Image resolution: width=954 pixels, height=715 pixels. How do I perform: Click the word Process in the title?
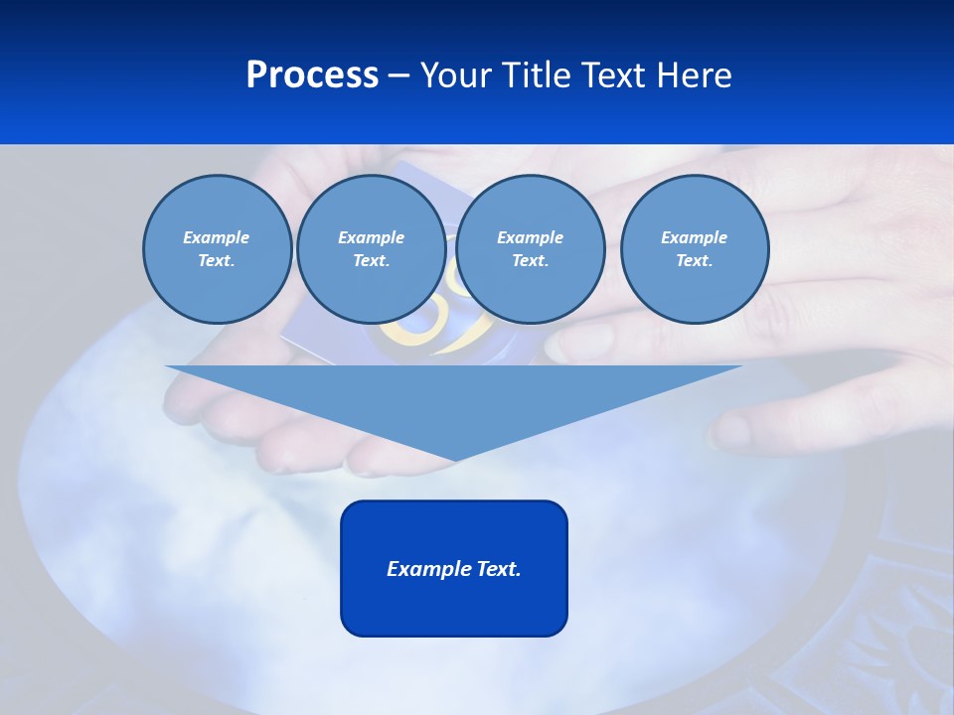(312, 75)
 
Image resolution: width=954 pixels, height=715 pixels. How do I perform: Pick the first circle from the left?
(217, 248)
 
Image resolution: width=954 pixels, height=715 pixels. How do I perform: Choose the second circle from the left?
(371, 248)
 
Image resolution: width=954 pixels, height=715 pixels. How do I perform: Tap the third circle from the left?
(530, 248)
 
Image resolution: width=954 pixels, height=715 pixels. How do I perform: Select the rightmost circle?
(694, 248)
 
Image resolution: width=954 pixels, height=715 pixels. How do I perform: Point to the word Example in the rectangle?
(424, 569)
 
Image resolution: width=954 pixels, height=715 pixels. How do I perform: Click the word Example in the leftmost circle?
(217, 237)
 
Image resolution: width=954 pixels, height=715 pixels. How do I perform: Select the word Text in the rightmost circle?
(693, 260)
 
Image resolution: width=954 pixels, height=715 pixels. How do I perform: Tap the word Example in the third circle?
(530, 237)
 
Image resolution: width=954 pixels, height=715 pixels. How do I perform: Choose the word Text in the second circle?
(370, 260)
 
